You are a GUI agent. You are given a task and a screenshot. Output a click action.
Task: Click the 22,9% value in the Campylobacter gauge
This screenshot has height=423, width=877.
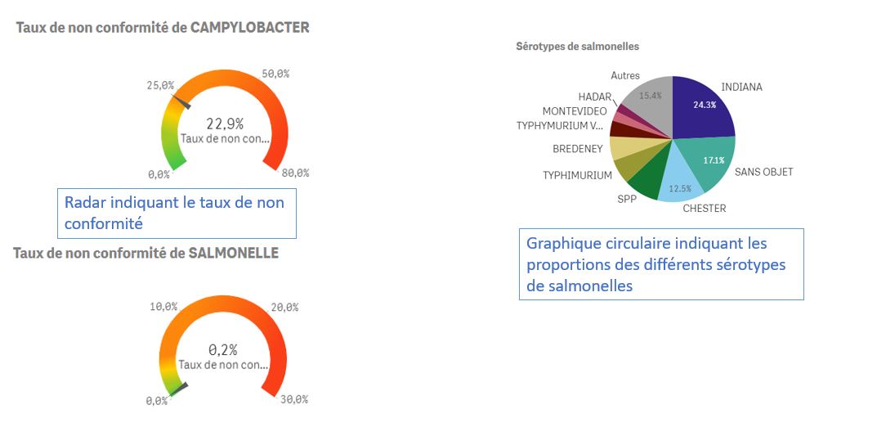pos(225,124)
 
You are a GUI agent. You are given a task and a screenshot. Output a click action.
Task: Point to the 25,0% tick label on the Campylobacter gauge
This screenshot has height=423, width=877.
pos(160,85)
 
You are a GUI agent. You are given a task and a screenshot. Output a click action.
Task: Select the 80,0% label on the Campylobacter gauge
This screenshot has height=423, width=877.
pos(295,173)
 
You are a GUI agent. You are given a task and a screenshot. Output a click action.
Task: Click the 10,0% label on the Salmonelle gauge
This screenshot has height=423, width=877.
pos(163,307)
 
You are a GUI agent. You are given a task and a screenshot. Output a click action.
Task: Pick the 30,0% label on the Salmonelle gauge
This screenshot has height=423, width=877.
pos(294,399)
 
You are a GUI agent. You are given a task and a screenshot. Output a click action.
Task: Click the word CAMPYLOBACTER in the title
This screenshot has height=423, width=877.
pos(249,28)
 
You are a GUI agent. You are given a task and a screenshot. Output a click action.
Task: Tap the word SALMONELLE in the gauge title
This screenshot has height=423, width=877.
pos(234,253)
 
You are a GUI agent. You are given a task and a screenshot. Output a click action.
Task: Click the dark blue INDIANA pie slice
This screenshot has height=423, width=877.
pos(702,107)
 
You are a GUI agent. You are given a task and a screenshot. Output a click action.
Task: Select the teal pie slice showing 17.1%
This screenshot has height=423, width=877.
pos(709,160)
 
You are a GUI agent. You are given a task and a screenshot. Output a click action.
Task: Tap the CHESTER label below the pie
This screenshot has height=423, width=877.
pos(704,209)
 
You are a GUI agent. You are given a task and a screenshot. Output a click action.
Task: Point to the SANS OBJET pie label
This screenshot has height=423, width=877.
pos(763,172)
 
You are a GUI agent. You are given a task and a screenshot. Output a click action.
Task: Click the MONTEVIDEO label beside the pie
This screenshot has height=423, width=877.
pos(575,111)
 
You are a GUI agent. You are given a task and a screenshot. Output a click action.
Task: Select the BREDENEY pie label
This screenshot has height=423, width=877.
pos(577,149)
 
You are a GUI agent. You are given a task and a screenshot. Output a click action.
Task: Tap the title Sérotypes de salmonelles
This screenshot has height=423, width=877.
pos(577,47)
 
